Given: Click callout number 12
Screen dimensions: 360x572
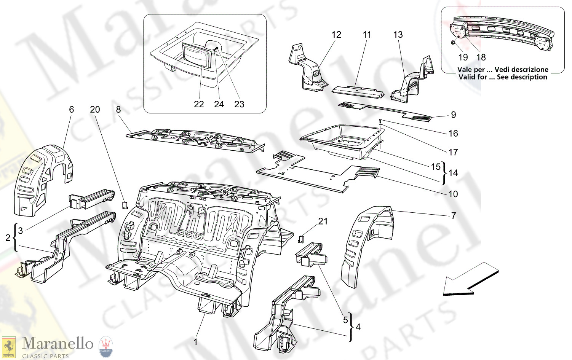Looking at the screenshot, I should (336, 35).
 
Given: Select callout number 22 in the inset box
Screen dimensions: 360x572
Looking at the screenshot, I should (199, 104).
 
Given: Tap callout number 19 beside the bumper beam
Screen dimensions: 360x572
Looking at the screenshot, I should (463, 57).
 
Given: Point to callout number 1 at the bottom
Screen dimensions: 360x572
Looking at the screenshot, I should (196, 342).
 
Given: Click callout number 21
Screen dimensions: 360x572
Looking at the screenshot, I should (323, 221).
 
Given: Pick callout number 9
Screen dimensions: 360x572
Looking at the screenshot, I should (453, 115).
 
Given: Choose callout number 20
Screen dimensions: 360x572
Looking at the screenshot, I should (95, 110).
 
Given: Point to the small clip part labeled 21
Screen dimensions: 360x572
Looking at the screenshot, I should (300, 239).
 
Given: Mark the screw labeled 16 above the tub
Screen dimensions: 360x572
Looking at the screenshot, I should (380, 121).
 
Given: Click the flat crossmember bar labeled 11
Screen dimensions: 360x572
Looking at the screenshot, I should (357, 91).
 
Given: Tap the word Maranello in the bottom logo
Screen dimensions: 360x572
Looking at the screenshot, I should (58, 343).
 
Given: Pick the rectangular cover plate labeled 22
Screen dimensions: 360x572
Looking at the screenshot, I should (197, 56).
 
